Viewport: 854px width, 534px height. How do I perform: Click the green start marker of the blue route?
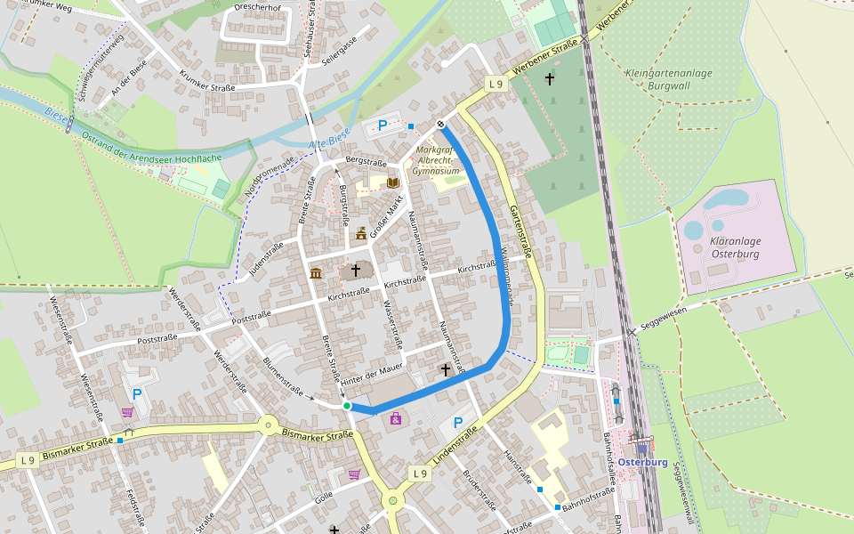347,406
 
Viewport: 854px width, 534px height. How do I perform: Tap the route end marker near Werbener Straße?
440,124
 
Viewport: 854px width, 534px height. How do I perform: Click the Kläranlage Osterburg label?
735,247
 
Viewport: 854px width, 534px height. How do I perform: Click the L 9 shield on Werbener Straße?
496,84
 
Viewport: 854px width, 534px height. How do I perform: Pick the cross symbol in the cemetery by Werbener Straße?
549,80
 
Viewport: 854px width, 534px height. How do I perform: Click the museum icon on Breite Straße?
316,273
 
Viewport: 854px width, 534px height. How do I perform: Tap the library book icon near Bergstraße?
393,182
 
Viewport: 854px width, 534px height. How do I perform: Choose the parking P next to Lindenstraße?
458,423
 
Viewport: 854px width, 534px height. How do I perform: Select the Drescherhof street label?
258,7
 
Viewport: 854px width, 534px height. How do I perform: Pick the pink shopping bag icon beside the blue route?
396,418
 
